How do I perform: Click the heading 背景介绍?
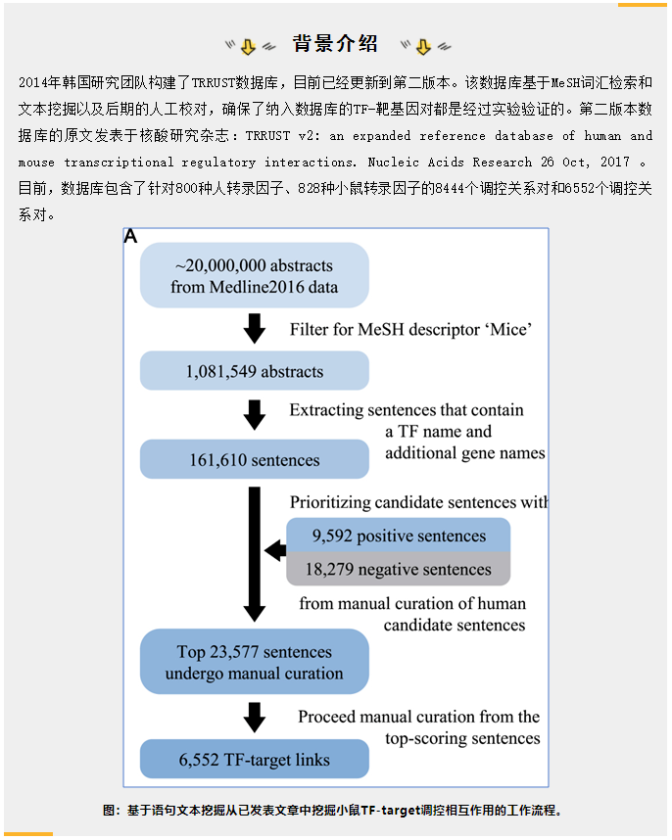click(x=335, y=43)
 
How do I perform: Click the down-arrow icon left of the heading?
click(x=248, y=47)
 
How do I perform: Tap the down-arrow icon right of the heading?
click(x=423, y=47)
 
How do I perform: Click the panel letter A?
click(x=130, y=236)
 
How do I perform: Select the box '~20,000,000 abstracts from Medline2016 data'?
click(x=255, y=275)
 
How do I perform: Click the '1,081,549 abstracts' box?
click(x=255, y=371)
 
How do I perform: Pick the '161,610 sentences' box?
click(x=255, y=459)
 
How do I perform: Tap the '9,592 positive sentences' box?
click(x=398, y=536)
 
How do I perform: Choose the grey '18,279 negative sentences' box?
click(x=398, y=569)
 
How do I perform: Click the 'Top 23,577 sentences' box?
click(x=255, y=662)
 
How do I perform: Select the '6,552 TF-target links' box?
click(x=255, y=759)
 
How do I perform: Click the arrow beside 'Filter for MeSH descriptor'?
click(x=255, y=328)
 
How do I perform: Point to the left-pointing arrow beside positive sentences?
click(x=275, y=551)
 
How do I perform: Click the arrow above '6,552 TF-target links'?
click(x=255, y=718)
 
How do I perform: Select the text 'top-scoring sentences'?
click(x=462, y=738)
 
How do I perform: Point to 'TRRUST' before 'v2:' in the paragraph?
click(x=268, y=135)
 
